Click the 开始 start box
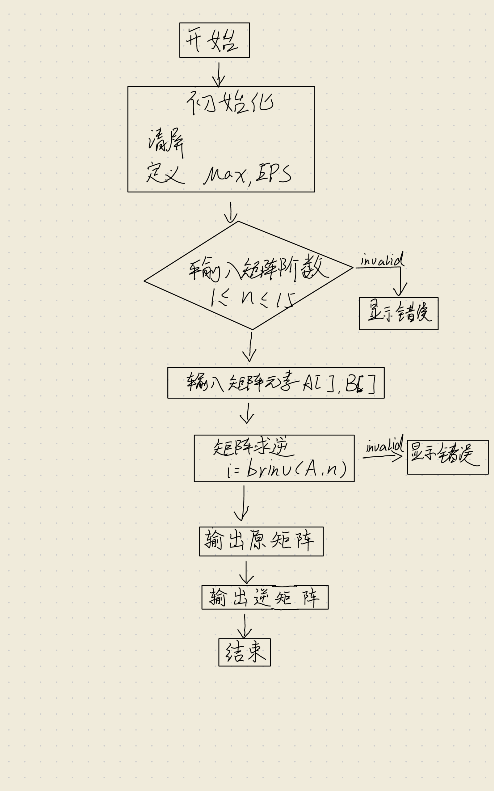tap(214, 40)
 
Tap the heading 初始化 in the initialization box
tap(230, 102)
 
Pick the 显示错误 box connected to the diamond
tap(398, 313)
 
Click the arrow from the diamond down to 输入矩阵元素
tap(250, 347)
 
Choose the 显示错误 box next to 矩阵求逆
tap(448, 457)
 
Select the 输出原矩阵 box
tap(261, 541)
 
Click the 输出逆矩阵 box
tap(265, 597)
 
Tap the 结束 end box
tap(245, 652)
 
